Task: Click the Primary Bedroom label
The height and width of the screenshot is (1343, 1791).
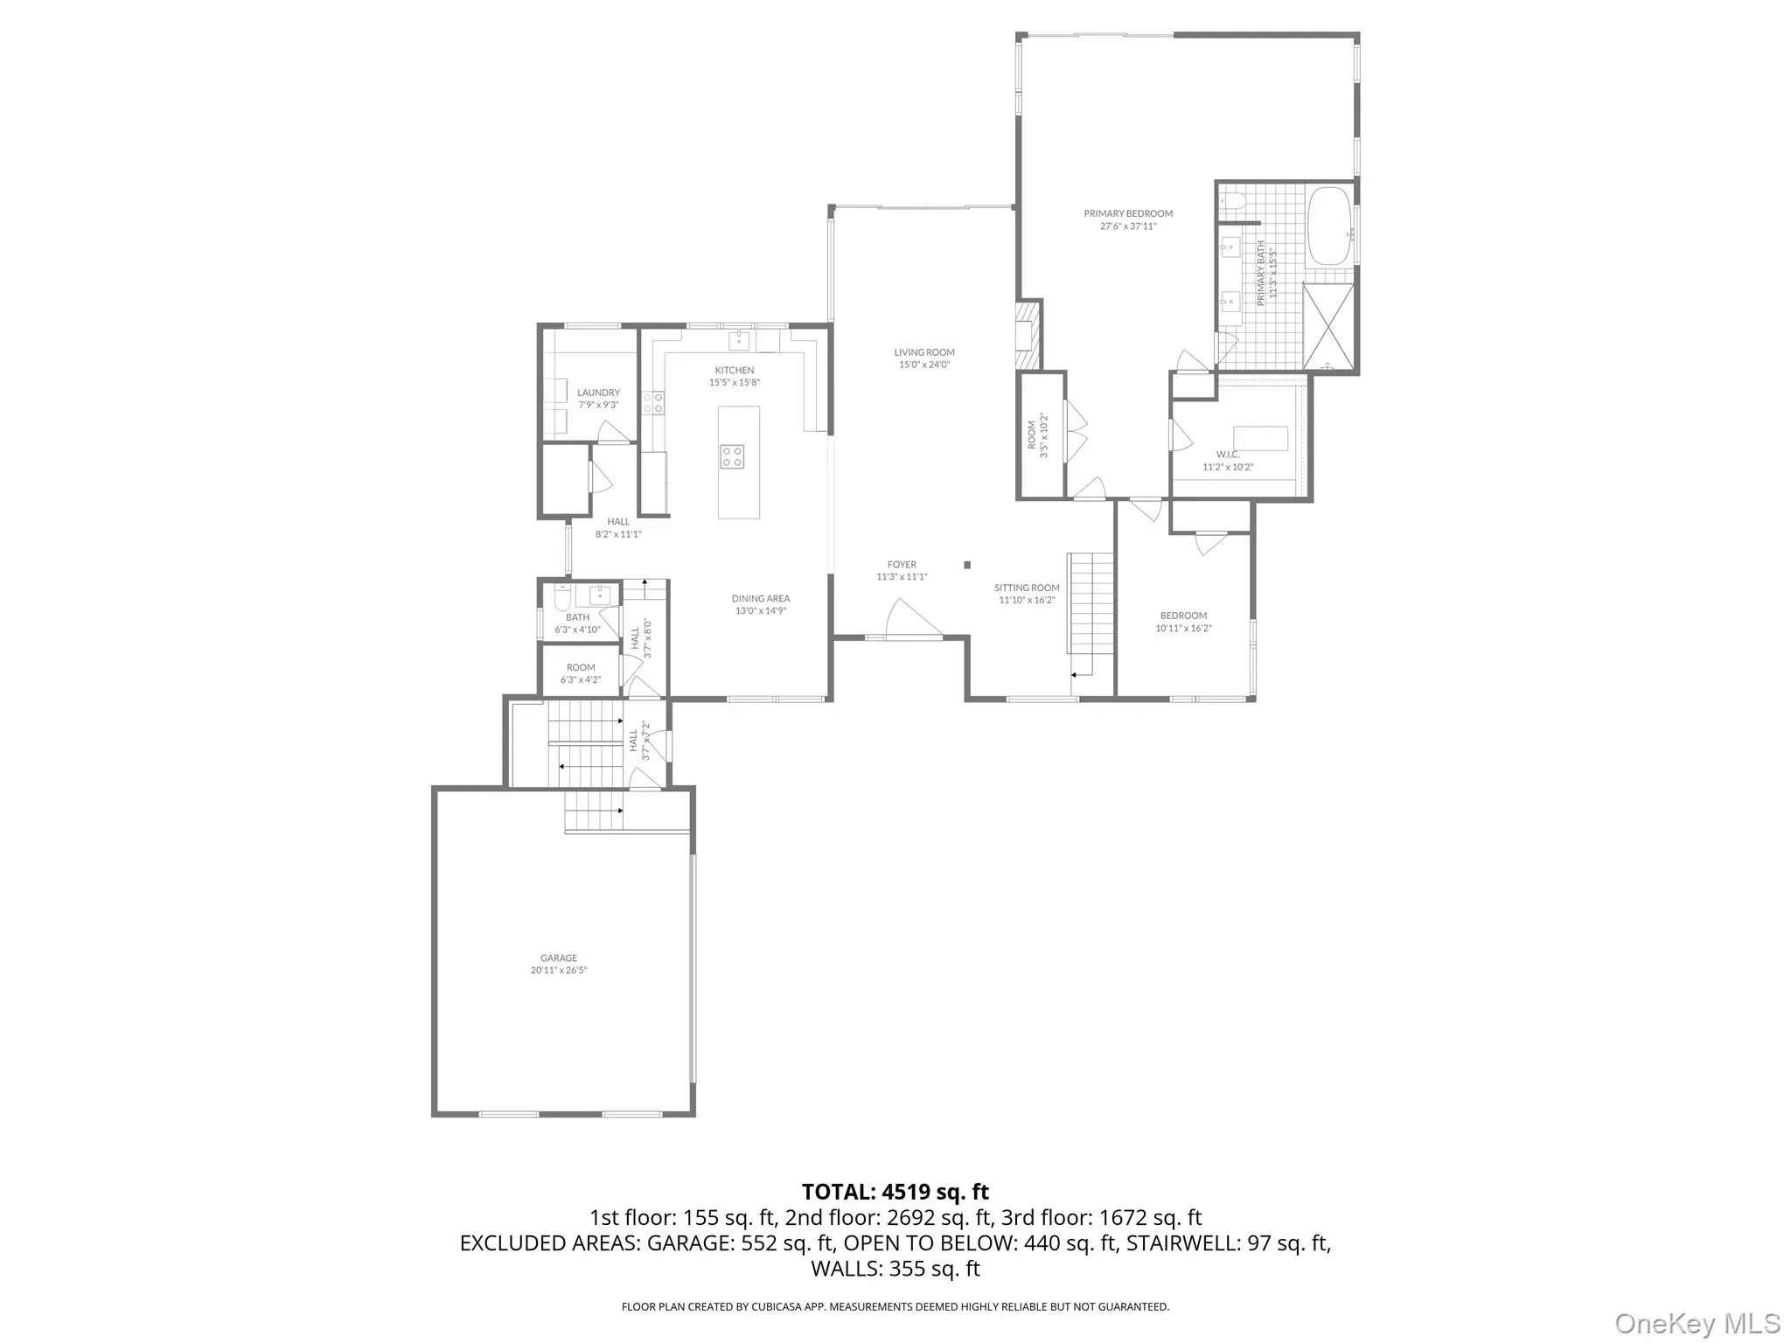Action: tap(1127, 213)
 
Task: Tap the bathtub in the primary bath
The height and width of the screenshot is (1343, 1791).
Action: tap(1328, 226)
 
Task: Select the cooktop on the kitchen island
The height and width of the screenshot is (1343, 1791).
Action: tap(732, 456)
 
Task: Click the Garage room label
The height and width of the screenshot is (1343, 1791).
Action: tap(559, 957)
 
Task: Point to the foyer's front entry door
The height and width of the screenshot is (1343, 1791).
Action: tap(914, 619)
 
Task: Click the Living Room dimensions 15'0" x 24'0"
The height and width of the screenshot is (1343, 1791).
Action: tap(923, 365)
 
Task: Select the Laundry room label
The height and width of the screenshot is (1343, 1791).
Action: tap(598, 393)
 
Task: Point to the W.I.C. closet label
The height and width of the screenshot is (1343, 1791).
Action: tap(1227, 455)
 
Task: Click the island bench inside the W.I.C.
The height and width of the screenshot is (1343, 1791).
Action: tap(1260, 438)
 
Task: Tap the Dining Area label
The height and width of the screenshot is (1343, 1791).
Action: tap(761, 599)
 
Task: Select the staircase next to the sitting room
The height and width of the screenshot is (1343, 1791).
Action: tap(1090, 603)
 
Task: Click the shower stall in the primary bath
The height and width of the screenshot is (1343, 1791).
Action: tap(1328, 326)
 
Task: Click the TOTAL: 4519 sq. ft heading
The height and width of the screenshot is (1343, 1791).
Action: tap(895, 1192)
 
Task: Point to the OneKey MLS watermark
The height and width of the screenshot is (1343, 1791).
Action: tap(1697, 1322)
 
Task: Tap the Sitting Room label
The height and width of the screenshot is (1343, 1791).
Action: tap(1027, 588)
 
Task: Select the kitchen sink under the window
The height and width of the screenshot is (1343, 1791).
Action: tap(741, 339)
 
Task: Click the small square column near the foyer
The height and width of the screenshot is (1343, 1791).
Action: tap(967, 565)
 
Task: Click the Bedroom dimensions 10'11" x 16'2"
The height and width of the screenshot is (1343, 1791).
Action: tap(1183, 628)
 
